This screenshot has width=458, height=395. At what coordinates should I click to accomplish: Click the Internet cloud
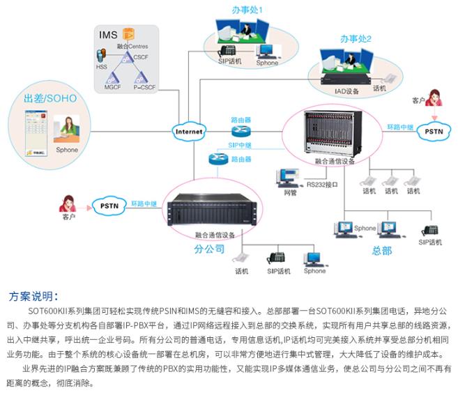point(188,131)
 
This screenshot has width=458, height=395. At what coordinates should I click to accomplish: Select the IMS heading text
point(109,34)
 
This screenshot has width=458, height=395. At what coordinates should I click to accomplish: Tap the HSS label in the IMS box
point(102,68)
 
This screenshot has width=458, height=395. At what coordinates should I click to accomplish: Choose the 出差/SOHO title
point(50,98)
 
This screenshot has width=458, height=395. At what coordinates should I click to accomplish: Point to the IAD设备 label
point(346,91)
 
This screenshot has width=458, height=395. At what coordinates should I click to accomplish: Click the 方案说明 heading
point(37,295)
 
